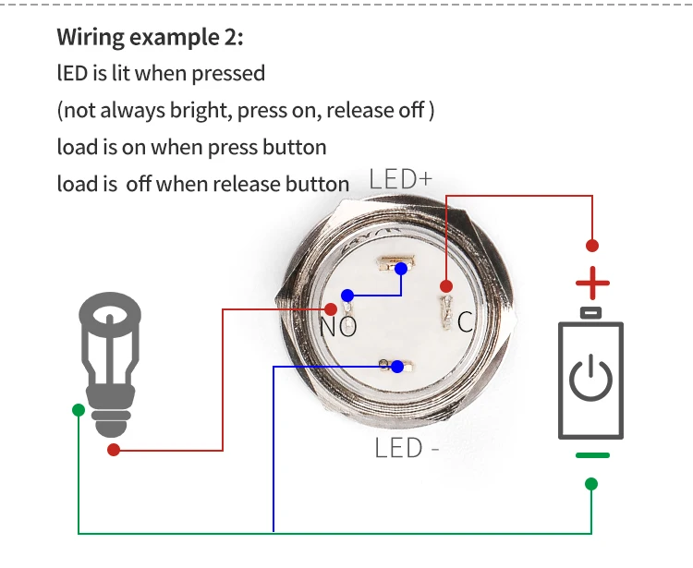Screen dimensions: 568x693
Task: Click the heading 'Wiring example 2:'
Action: tap(151, 38)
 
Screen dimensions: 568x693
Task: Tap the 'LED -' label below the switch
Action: tap(406, 449)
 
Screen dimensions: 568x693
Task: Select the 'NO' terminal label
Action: tap(338, 326)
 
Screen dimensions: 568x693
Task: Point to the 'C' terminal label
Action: tap(466, 321)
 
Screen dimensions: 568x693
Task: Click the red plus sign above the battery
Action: tap(592, 282)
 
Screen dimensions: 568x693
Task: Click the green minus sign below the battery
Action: tap(592, 455)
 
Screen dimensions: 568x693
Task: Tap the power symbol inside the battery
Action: tap(591, 380)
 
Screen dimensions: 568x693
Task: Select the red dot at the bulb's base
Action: tap(114, 450)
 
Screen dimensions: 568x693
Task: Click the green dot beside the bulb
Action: tap(79, 409)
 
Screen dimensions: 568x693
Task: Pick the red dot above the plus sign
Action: tap(592, 246)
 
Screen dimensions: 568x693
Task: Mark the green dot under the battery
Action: tap(591, 483)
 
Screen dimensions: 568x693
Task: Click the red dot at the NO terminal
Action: tap(331, 309)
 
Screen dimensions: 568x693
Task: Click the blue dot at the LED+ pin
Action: tap(401, 270)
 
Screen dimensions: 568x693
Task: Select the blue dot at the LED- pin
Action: tap(396, 367)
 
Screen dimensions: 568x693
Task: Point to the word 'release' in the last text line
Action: tap(245, 184)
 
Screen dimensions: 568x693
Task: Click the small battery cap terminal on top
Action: tap(591, 312)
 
